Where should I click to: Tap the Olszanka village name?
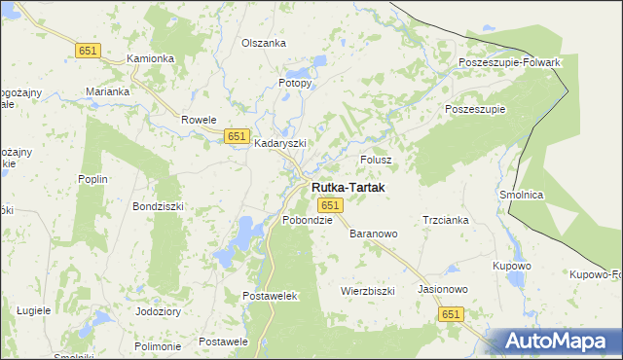pos(263,44)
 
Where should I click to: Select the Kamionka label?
pos(151,58)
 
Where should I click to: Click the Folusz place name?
pos(376,160)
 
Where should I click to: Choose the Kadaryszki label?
pos(280,143)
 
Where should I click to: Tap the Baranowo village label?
pos(374,234)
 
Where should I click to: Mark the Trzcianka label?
pos(446,220)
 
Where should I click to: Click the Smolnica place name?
pos(521,195)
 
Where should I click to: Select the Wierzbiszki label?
pos(367,291)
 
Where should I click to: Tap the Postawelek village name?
pos(269,295)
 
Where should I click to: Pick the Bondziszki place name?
pos(158,207)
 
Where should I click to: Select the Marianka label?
pos(107,91)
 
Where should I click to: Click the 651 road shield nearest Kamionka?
pos(88,50)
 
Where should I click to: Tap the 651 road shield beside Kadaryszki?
pos(236,136)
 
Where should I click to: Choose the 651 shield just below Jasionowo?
pos(450,314)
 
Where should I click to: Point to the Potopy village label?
pos(295,84)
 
